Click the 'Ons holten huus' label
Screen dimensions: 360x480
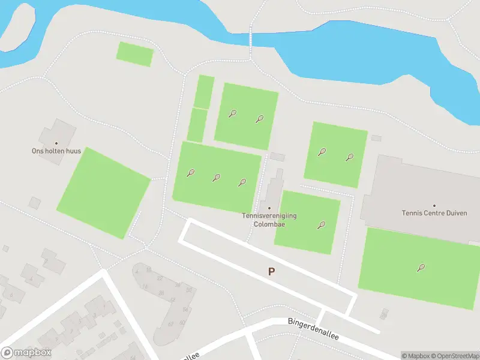[56, 151]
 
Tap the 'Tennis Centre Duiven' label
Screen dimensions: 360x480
[434, 213]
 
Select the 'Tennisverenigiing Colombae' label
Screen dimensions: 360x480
[269, 220]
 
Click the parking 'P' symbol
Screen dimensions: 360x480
[271, 272]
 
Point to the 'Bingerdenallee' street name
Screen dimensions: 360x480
[313, 329]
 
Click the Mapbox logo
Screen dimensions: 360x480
[26, 353]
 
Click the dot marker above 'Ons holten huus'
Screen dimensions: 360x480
[56, 143]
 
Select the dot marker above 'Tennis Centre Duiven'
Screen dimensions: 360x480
[434, 205]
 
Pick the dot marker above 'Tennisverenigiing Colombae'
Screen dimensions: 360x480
[269, 208]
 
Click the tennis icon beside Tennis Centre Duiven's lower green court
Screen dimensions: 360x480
[421, 268]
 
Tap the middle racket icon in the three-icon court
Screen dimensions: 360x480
[217, 178]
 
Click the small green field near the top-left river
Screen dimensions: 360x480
[135, 54]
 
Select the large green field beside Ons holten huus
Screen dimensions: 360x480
[103, 192]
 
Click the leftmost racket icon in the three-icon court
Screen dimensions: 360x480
[191, 173]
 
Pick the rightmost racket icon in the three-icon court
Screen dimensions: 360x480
[242, 182]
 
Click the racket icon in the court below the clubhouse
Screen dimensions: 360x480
[322, 226]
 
